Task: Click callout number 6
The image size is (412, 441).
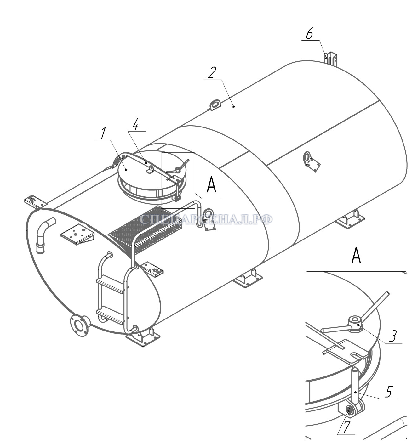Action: pos(309,34)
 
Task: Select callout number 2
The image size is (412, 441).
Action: pos(212,73)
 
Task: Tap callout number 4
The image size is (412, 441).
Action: pos(135,125)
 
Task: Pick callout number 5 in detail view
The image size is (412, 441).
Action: pos(389,392)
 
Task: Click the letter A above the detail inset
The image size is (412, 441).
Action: pos(356,255)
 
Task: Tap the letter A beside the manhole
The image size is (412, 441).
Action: pos(211,184)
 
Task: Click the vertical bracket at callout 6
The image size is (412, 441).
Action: pos(331,59)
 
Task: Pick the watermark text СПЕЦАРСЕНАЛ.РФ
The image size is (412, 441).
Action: pos(206,219)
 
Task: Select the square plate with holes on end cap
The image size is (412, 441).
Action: pos(77,234)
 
